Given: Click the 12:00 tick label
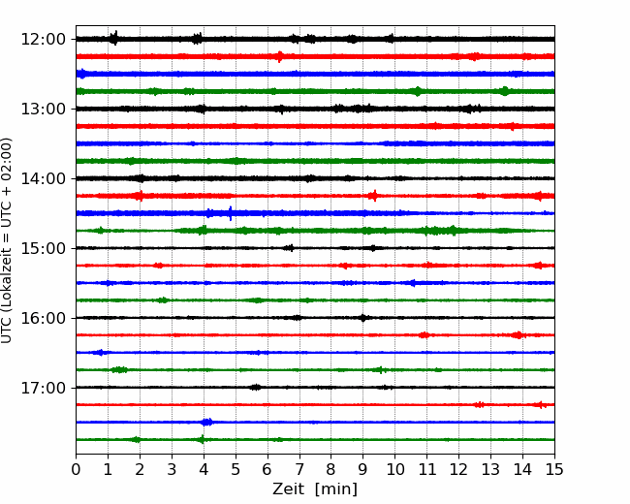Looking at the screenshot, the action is (43, 40).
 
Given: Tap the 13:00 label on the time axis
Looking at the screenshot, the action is (43, 109).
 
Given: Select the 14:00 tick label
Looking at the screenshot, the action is (43, 179).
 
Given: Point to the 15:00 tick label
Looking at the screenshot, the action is (43, 248).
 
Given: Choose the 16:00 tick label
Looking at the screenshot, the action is (43, 318).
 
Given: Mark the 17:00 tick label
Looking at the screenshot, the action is (43, 388).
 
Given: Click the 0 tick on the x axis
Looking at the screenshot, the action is (76, 469).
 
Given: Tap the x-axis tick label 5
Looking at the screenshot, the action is (236, 469).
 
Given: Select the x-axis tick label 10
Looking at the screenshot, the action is (394, 469).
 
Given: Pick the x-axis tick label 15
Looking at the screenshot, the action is (554, 469).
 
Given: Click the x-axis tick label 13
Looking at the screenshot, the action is (490, 469).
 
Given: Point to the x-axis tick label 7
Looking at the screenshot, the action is (299, 469).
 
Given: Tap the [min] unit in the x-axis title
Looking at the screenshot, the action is (336, 489).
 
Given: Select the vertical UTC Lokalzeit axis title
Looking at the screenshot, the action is (7, 240).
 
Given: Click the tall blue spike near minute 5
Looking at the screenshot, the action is (231, 213).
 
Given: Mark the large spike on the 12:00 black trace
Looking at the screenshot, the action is (114, 38).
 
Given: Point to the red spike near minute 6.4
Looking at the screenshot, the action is (280, 56).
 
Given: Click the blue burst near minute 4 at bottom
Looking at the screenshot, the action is (206, 422).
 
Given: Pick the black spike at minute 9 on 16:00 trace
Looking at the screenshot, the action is (362, 318).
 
